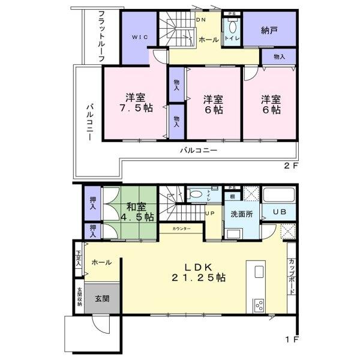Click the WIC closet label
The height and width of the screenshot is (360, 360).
coord(139,37)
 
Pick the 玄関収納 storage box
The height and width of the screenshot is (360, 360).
coord(79,299)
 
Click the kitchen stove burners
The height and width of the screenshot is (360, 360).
coord(260,304)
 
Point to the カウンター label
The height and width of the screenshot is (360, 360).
coord(181,229)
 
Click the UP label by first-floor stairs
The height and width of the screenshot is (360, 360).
coord(211,214)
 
